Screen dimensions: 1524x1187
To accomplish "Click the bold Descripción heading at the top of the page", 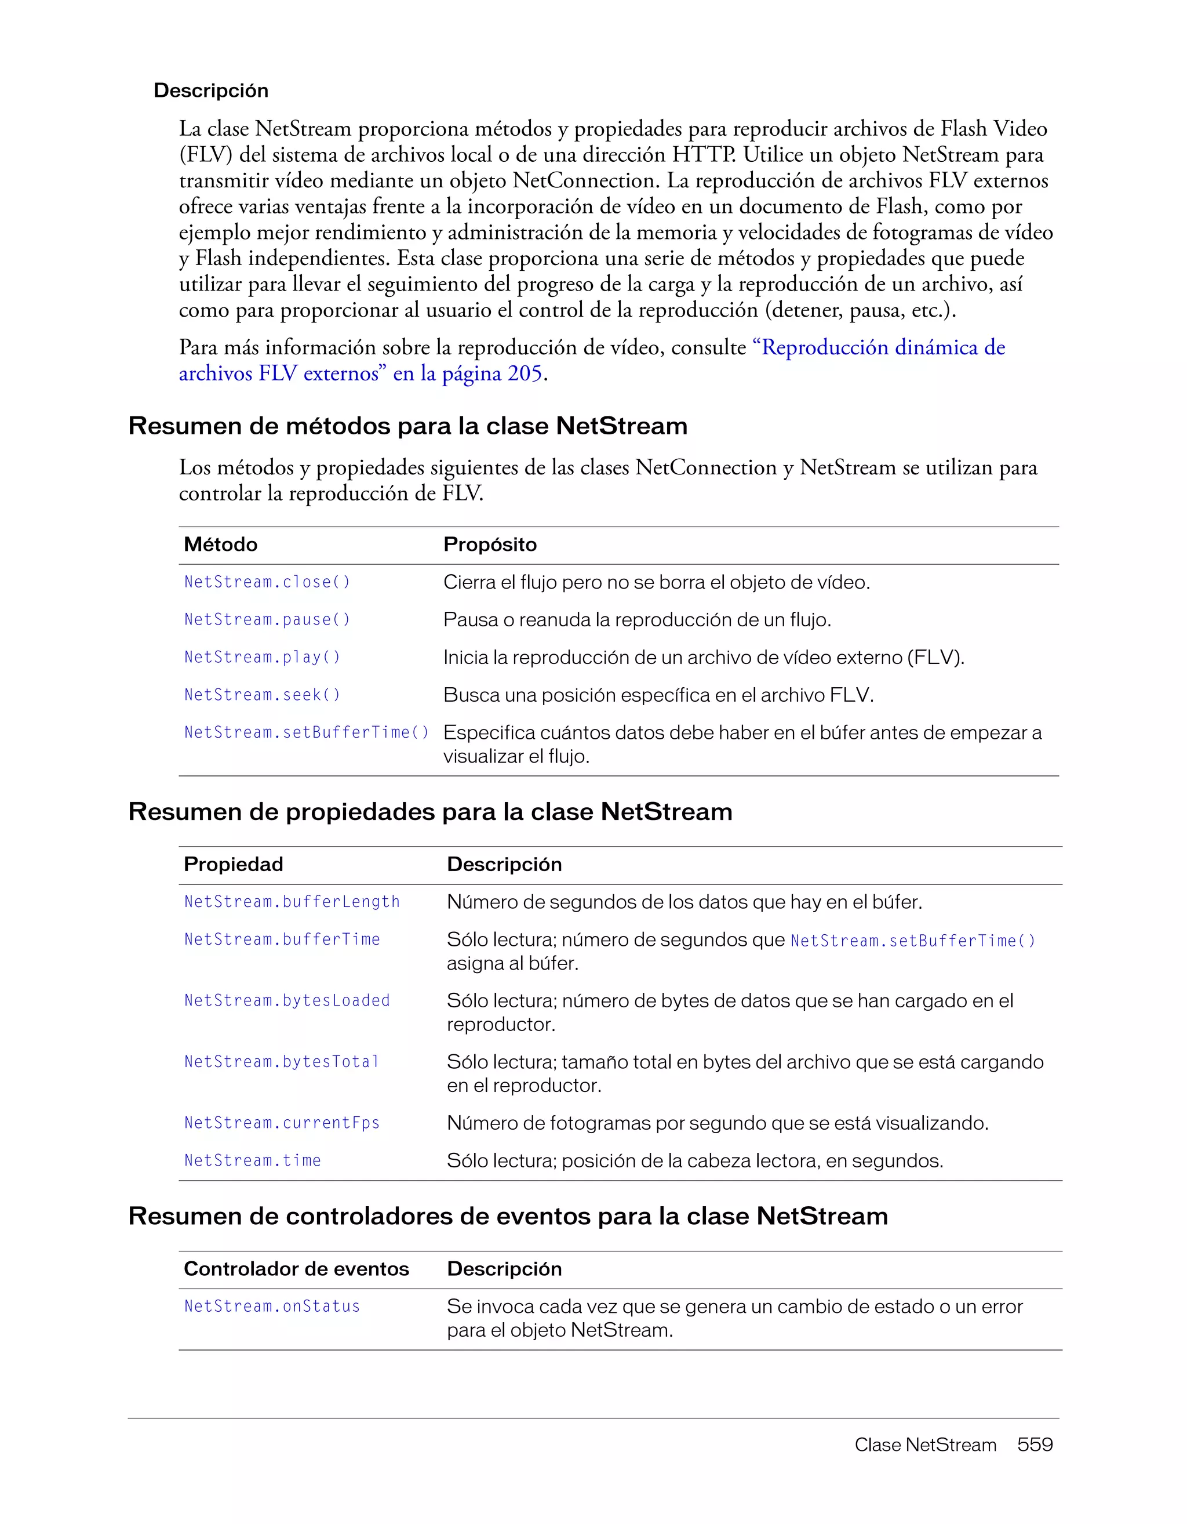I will pyautogui.click(x=210, y=90).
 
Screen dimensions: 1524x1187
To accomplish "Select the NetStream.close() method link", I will pyautogui.click(x=267, y=582).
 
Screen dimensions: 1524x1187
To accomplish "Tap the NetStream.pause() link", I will pyautogui.click(x=267, y=620).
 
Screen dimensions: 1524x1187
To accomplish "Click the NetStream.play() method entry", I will pyautogui.click(x=262, y=658).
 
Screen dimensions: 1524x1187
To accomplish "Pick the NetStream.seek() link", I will pyautogui.click(x=262, y=695).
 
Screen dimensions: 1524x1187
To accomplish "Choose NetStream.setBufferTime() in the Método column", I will pyautogui.click(x=306, y=732).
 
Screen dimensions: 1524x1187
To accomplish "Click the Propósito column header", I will pyautogui.click(x=490, y=545).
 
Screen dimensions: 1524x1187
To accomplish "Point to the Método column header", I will pyautogui.click(x=220, y=545).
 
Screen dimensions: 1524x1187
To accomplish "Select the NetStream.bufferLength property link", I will pyautogui.click(x=292, y=902).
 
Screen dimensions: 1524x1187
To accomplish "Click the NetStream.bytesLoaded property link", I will pyautogui.click(x=287, y=1001).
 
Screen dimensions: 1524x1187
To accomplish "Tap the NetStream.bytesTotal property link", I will pyautogui.click(x=282, y=1062).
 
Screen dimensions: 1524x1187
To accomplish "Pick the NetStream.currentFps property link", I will pyautogui.click(x=282, y=1123).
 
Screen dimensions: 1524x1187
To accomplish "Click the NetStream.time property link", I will pyautogui.click(x=253, y=1160).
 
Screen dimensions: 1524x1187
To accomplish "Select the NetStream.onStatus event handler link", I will pyautogui.click(x=272, y=1307).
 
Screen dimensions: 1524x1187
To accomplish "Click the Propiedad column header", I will pyautogui.click(x=233, y=865).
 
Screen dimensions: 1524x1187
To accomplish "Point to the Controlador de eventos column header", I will pyautogui.click(x=296, y=1269).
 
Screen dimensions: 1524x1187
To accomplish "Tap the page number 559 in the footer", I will pyautogui.click(x=1034, y=1445).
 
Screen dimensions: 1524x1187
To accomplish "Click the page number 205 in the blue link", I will pyautogui.click(x=525, y=374).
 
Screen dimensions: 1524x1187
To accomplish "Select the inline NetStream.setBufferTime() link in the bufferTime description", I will pyautogui.click(x=912, y=941).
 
